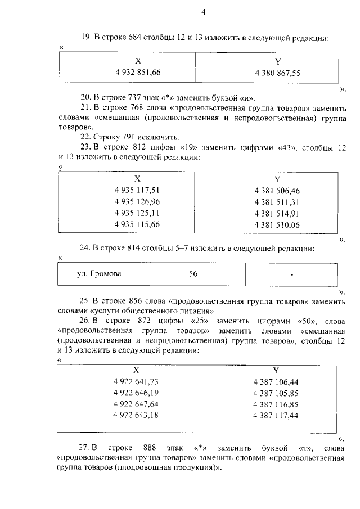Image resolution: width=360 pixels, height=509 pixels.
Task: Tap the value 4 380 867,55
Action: coord(277,73)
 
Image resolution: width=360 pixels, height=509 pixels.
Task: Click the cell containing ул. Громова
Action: coord(100,274)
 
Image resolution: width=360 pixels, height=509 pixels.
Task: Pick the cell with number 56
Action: coord(193,274)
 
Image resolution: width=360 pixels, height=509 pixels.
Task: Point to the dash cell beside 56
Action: coord(292,274)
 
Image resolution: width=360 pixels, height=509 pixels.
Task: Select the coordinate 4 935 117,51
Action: coord(137,191)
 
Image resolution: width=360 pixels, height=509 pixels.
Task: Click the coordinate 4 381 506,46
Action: coord(277,191)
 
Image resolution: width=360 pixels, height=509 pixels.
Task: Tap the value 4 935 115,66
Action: coord(137,224)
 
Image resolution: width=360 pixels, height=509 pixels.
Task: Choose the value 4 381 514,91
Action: coord(277,213)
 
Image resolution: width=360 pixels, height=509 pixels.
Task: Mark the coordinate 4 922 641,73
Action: coord(136,381)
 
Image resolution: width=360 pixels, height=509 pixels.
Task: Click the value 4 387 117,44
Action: coord(276,415)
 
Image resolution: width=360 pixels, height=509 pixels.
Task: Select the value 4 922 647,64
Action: coord(136,404)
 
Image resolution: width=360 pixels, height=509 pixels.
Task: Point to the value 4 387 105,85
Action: coord(276,393)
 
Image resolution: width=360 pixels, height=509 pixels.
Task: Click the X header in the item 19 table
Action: coord(138,61)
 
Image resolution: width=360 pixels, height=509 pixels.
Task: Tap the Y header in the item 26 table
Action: coord(276,370)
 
